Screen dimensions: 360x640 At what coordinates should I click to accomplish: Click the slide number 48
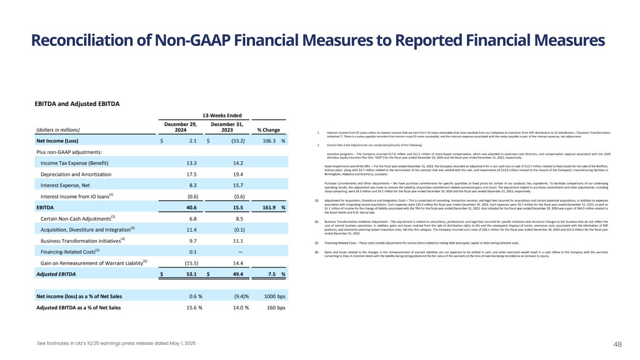pos(617,344)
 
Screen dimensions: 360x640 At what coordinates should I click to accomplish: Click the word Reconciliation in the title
pos(79,41)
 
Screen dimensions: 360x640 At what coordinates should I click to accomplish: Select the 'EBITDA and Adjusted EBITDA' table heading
pos(80,104)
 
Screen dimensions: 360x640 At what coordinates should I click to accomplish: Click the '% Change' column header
pos(268,130)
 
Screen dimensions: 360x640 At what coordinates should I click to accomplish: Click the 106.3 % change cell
pos(271,141)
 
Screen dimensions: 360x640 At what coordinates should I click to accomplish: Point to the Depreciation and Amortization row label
pos(76,174)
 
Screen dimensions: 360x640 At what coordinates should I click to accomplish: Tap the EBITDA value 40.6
pos(189,208)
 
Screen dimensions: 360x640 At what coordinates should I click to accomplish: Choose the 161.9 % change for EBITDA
pos(271,208)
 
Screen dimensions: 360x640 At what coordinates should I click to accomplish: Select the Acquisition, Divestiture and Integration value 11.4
pos(189,230)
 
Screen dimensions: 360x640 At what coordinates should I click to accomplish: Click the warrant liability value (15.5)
pos(188,263)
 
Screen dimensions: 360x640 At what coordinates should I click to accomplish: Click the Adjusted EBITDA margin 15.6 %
pos(192,307)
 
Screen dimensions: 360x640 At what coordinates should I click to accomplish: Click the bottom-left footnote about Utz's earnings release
pos(116,344)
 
